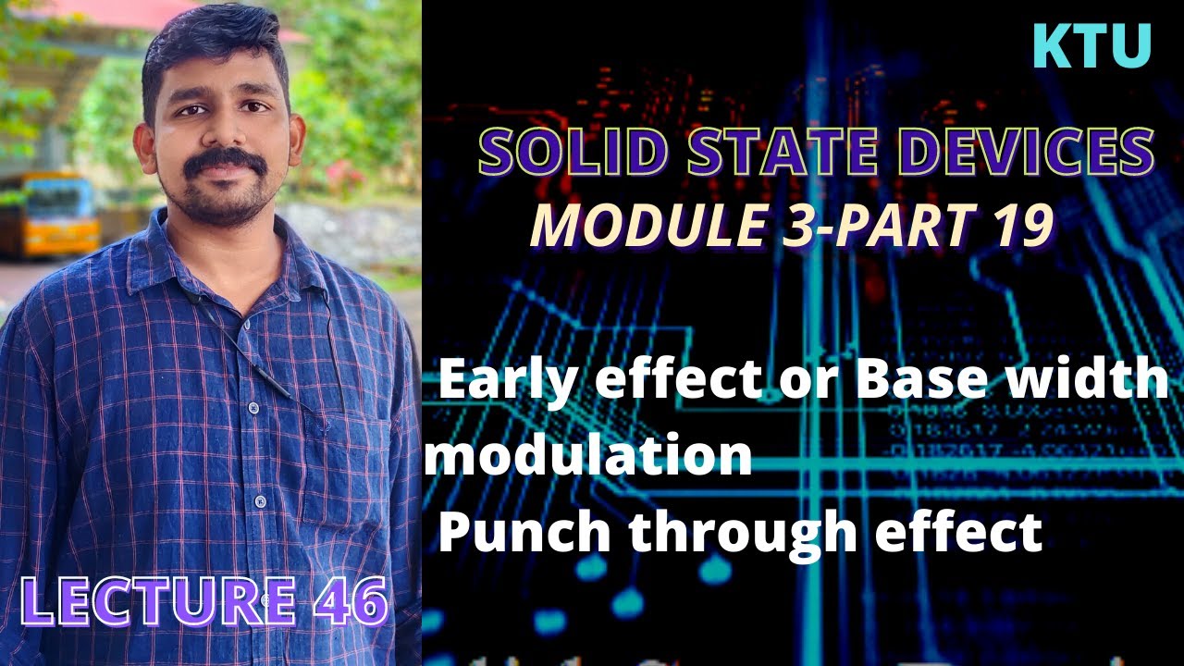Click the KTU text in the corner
[1091, 46]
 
